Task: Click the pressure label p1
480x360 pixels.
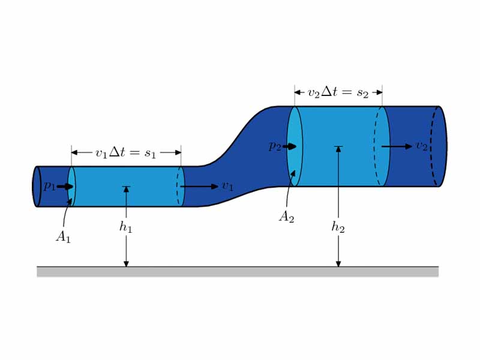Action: (49, 187)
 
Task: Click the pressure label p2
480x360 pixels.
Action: (274, 147)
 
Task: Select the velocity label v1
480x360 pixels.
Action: (227, 187)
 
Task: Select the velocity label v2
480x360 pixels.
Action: (421, 146)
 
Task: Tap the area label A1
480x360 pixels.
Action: (63, 237)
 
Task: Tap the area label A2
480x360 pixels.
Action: (286, 217)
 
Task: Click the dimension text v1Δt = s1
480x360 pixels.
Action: (125, 153)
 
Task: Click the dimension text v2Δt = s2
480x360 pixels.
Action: (338, 92)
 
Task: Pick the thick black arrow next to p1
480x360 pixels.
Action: (65, 187)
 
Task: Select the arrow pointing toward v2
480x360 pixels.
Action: (397, 146)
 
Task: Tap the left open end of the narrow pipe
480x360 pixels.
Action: (37, 187)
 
